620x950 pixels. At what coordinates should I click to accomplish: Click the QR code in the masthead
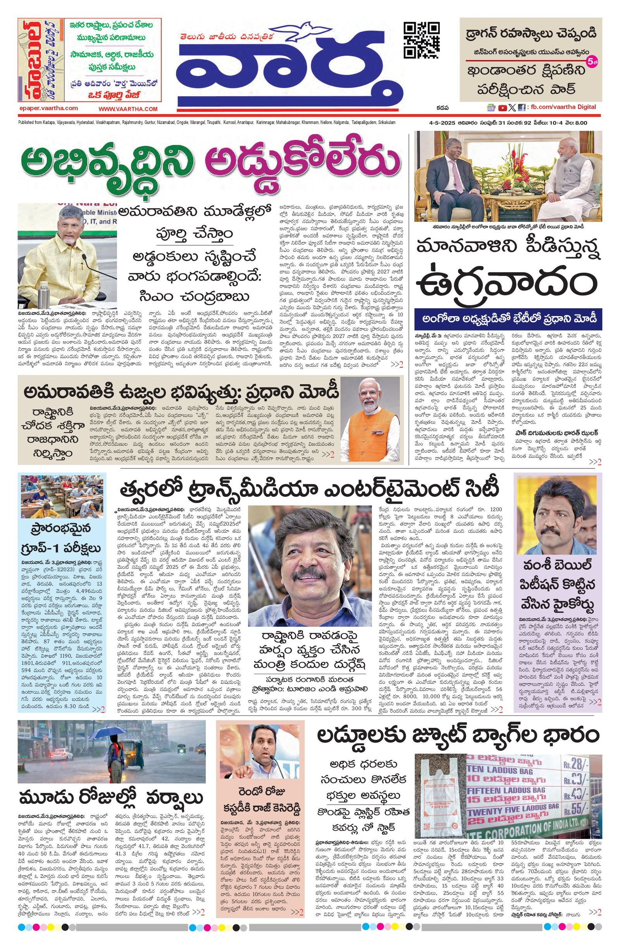(422, 40)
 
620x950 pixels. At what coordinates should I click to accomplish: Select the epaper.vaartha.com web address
(48, 108)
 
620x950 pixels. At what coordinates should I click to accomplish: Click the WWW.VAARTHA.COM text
(128, 109)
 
